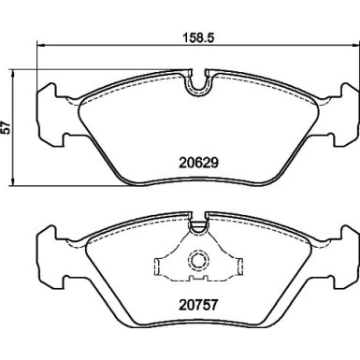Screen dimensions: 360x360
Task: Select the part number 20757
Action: click(198, 303)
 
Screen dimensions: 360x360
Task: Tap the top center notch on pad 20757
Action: click(198, 224)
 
